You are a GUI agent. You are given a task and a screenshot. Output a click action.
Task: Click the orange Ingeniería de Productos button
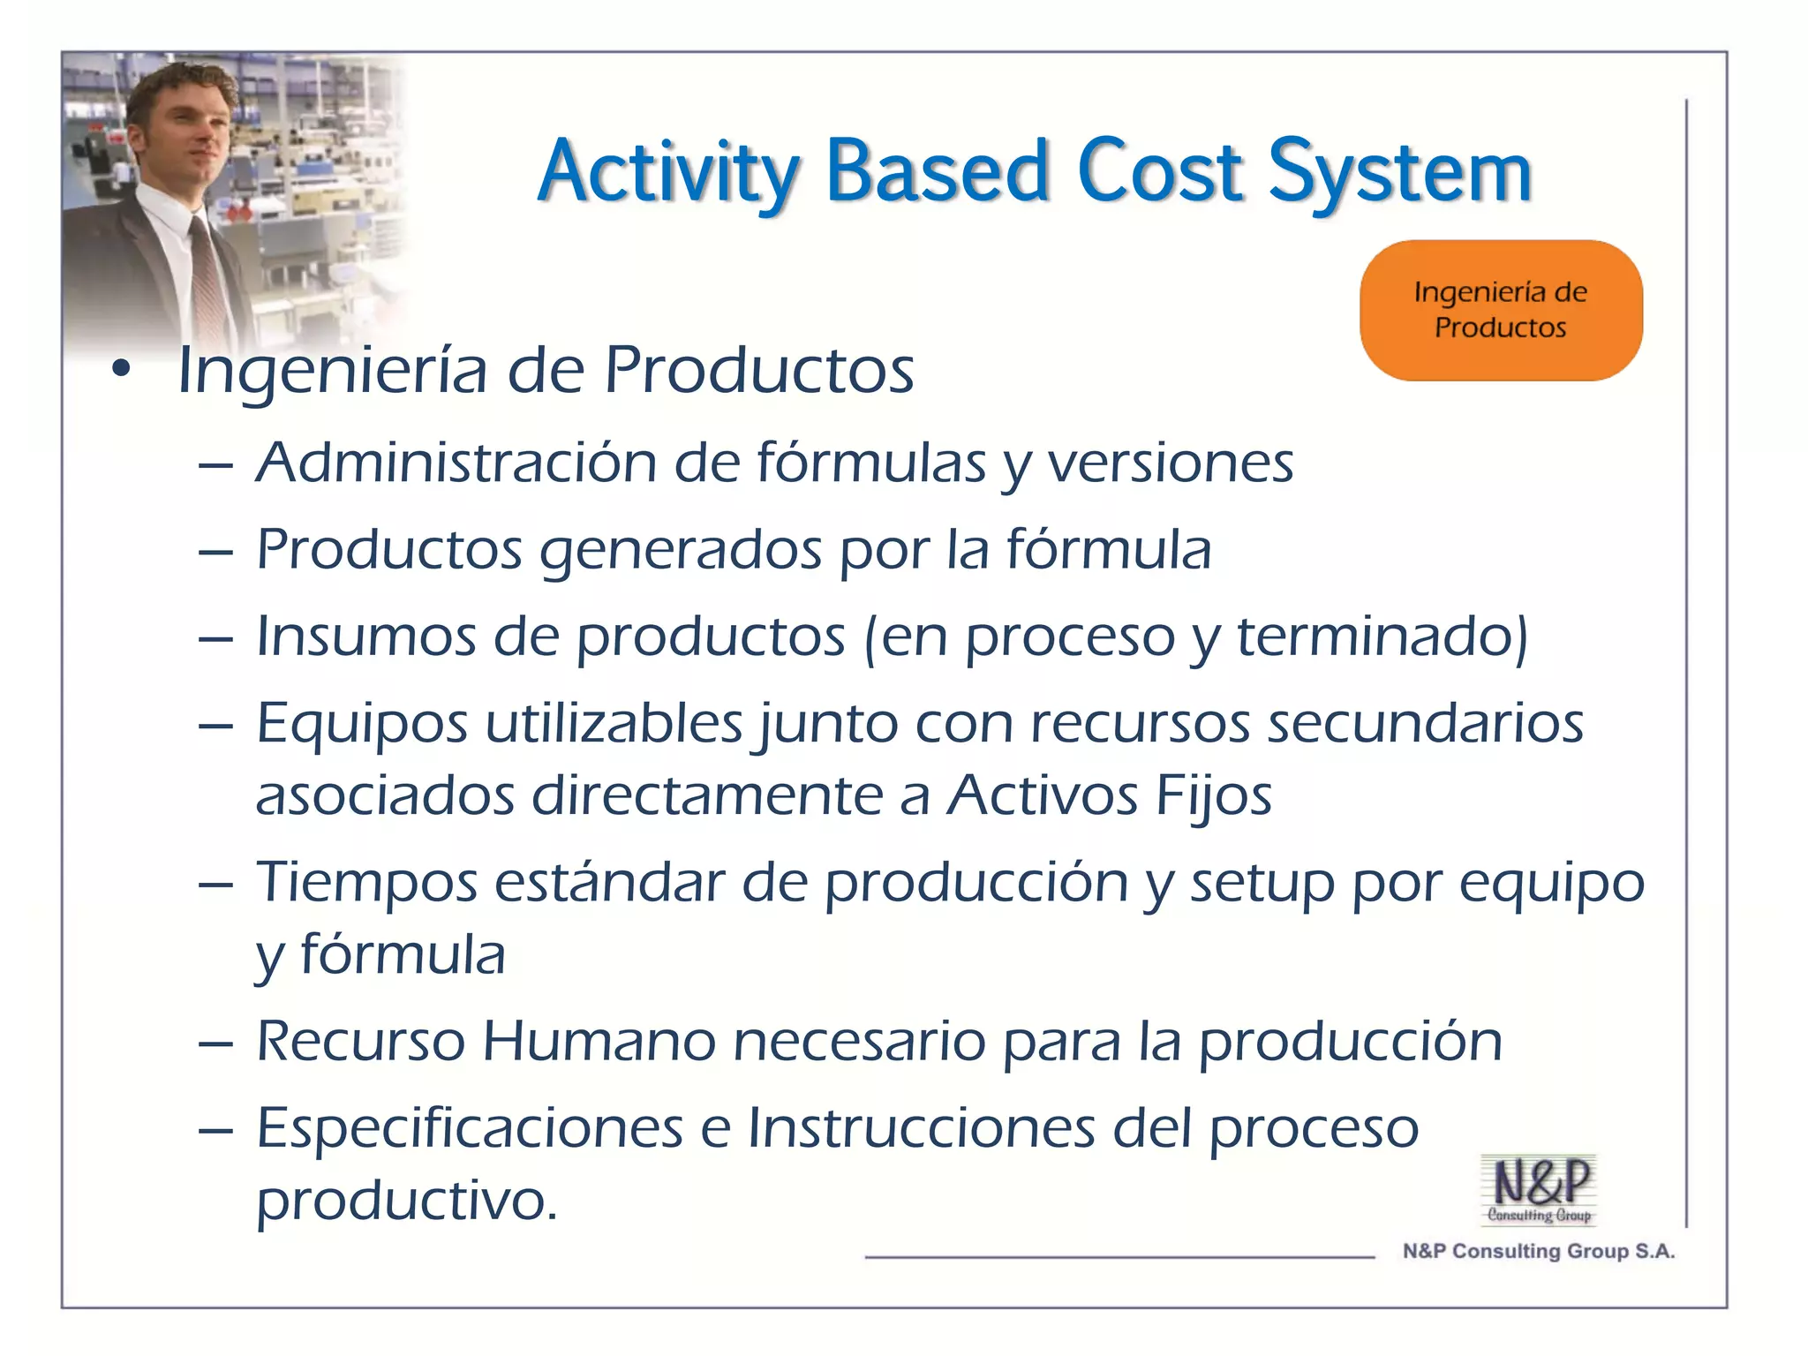pyautogui.click(x=1500, y=310)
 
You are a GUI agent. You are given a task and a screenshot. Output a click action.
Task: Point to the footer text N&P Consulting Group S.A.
pyautogui.click(x=1538, y=1251)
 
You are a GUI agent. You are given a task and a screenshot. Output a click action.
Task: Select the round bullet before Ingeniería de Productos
pyautogui.click(x=121, y=369)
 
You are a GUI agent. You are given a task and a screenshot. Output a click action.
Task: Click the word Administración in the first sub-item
pyautogui.click(x=456, y=463)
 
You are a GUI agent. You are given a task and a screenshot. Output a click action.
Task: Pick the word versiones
pyautogui.click(x=1170, y=463)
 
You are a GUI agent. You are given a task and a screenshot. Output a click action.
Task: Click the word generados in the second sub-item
pyautogui.click(x=680, y=550)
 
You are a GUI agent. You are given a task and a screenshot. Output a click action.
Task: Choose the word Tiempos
pyautogui.click(x=365, y=882)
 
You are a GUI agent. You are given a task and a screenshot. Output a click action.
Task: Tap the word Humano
pyautogui.click(x=599, y=1041)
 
